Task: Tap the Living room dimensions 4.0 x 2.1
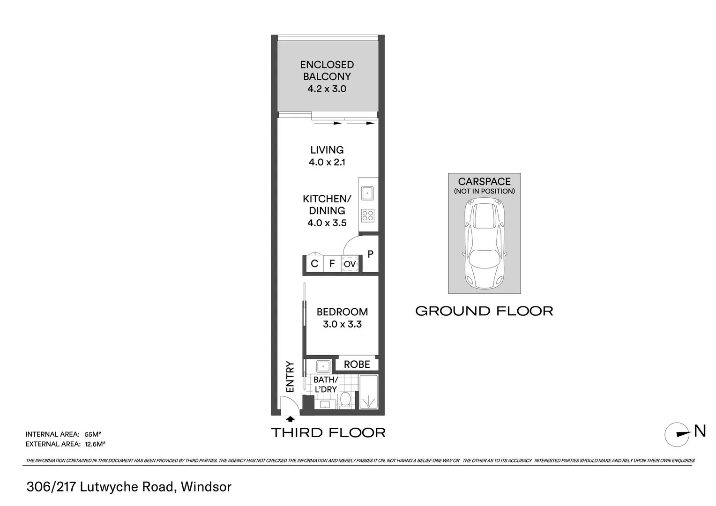[x=327, y=163]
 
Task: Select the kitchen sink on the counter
[x=367, y=193]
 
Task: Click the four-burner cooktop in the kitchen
[x=367, y=215]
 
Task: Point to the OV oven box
[x=350, y=264]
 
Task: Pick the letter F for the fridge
[x=332, y=264]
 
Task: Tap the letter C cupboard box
[x=314, y=264]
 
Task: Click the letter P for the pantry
[x=371, y=254]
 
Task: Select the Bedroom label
[x=342, y=312]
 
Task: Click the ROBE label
[x=357, y=365]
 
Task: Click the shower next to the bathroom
[x=369, y=392]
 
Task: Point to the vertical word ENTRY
[x=290, y=377]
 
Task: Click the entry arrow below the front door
[x=290, y=419]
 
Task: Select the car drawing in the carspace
[x=484, y=243]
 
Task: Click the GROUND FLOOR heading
[x=484, y=311]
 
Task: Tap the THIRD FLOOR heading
[x=328, y=433]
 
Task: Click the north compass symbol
[x=677, y=435]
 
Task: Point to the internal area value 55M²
[x=93, y=434]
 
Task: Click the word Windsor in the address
[x=206, y=487]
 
